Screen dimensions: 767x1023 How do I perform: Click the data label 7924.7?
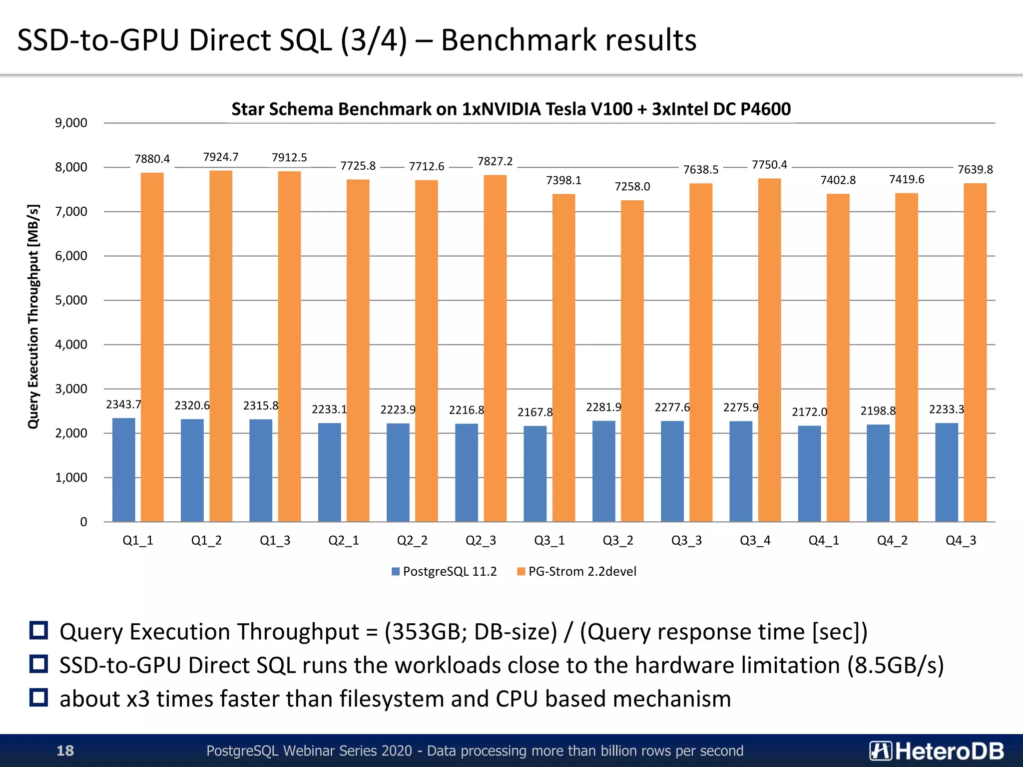pyautogui.click(x=221, y=157)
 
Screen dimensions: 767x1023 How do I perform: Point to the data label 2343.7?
pyautogui.click(x=123, y=404)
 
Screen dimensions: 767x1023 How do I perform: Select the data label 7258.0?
pyautogui.click(x=632, y=187)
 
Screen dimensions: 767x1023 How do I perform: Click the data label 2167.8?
pyautogui.click(x=535, y=412)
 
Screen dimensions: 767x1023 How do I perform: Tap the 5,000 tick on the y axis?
pyautogui.click(x=71, y=300)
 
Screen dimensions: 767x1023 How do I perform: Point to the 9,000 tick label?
pyautogui.click(x=71, y=123)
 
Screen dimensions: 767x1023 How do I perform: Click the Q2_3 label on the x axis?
pyautogui.click(x=481, y=540)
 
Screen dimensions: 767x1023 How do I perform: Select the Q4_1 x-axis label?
pyautogui.click(x=824, y=540)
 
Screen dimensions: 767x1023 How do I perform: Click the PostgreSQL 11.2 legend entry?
pyautogui.click(x=445, y=571)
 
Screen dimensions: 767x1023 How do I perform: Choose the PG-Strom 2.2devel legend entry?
pyautogui.click(x=577, y=571)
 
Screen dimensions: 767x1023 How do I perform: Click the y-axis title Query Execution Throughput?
pyautogui.click(x=33, y=316)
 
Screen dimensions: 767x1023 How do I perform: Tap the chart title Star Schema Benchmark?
pyautogui.click(x=511, y=109)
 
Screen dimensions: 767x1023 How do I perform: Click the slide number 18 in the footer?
pyautogui.click(x=65, y=751)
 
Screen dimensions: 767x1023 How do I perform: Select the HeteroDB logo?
pyautogui.click(x=937, y=751)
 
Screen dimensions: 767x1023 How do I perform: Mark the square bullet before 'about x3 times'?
pyautogui.click(x=38, y=698)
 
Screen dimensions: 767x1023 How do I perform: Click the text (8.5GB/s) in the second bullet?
pyautogui.click(x=895, y=666)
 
